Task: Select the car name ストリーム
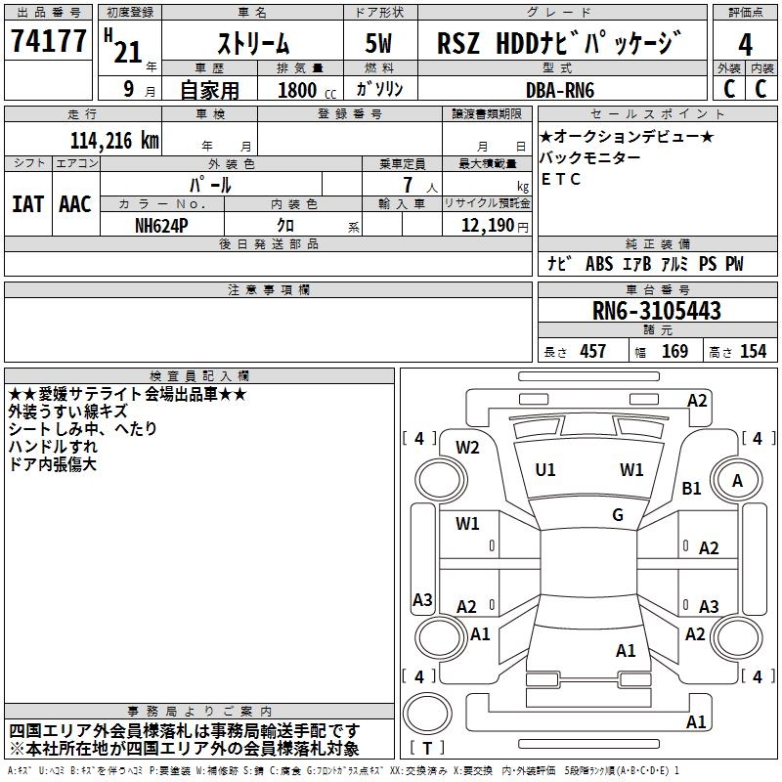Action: (x=252, y=43)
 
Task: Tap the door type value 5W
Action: (x=379, y=43)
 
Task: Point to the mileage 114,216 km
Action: (x=114, y=140)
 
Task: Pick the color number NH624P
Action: (x=162, y=225)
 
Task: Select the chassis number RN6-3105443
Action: (x=657, y=311)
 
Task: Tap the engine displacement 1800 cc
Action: (x=305, y=90)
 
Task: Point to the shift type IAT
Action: (x=27, y=204)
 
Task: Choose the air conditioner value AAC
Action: (x=75, y=204)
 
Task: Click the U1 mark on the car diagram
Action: (x=545, y=470)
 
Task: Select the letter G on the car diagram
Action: (x=618, y=515)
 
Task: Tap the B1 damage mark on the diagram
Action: (x=691, y=488)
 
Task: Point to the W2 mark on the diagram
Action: (x=468, y=448)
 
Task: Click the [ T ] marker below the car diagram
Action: (x=427, y=749)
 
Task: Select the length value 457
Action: (x=593, y=352)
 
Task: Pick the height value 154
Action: (x=753, y=352)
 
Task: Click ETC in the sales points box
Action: (x=561, y=179)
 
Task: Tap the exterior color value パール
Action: (x=211, y=185)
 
